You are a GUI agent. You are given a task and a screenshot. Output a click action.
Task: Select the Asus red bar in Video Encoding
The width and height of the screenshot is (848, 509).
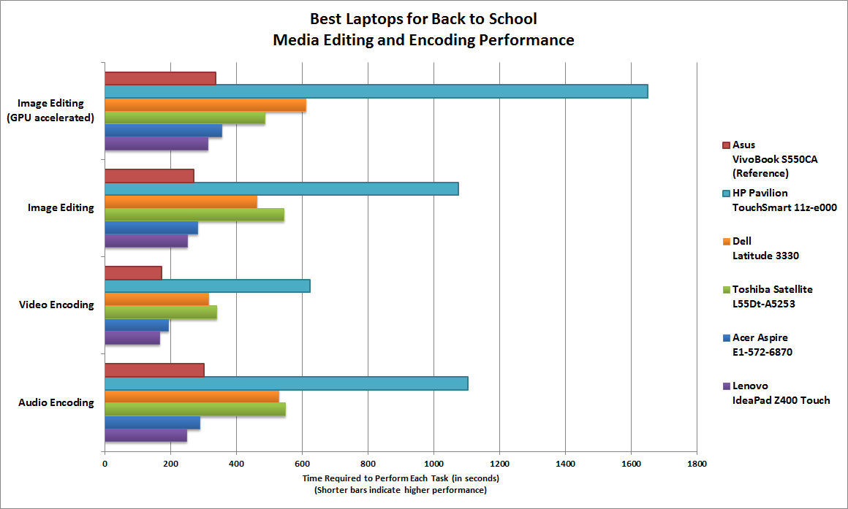pyautogui.click(x=133, y=273)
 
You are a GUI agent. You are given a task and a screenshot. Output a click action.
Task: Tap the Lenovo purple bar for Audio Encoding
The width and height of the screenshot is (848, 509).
pyautogui.click(x=145, y=435)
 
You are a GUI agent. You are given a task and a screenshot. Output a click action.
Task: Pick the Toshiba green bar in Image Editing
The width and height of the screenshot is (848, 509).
pyautogui.click(x=194, y=215)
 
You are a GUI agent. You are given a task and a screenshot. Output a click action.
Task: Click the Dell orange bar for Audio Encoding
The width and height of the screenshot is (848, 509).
pyautogui.click(x=192, y=397)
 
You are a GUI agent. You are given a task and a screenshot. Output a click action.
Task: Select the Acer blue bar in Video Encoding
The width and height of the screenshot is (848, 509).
pyautogui.click(x=137, y=325)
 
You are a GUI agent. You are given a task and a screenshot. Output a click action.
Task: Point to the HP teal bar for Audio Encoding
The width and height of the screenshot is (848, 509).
pyautogui.click(x=286, y=383)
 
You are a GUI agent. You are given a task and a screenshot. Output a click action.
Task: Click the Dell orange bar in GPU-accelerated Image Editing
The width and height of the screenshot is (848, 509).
pyautogui.click(x=205, y=104)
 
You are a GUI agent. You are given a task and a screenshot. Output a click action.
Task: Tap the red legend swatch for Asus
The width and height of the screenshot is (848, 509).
pyautogui.click(x=726, y=145)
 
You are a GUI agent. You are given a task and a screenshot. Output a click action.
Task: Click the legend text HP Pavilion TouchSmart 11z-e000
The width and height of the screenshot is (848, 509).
pyautogui.click(x=784, y=200)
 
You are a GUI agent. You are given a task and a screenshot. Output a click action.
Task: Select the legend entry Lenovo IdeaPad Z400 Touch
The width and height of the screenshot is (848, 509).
pyautogui.click(x=780, y=393)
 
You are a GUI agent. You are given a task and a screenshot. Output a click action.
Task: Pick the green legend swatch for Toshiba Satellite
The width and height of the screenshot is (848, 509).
pyautogui.click(x=726, y=290)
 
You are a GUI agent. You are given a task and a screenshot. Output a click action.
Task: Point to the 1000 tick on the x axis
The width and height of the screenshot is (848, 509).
pyautogui.click(x=434, y=463)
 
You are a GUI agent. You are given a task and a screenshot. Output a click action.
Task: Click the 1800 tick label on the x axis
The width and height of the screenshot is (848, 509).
pyautogui.click(x=697, y=463)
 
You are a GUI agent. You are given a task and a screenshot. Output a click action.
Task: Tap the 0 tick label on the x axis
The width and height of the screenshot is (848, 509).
pyautogui.click(x=105, y=463)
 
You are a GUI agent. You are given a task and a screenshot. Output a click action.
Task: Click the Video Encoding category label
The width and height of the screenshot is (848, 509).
pyautogui.click(x=56, y=305)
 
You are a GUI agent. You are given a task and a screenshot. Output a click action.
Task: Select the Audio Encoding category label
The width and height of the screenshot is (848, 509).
pyautogui.click(x=56, y=402)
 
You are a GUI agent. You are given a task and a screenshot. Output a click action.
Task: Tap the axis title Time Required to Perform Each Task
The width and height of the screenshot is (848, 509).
pyautogui.click(x=401, y=478)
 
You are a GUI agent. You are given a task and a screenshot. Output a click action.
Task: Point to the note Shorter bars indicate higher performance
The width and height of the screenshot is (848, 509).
pyautogui.click(x=401, y=490)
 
